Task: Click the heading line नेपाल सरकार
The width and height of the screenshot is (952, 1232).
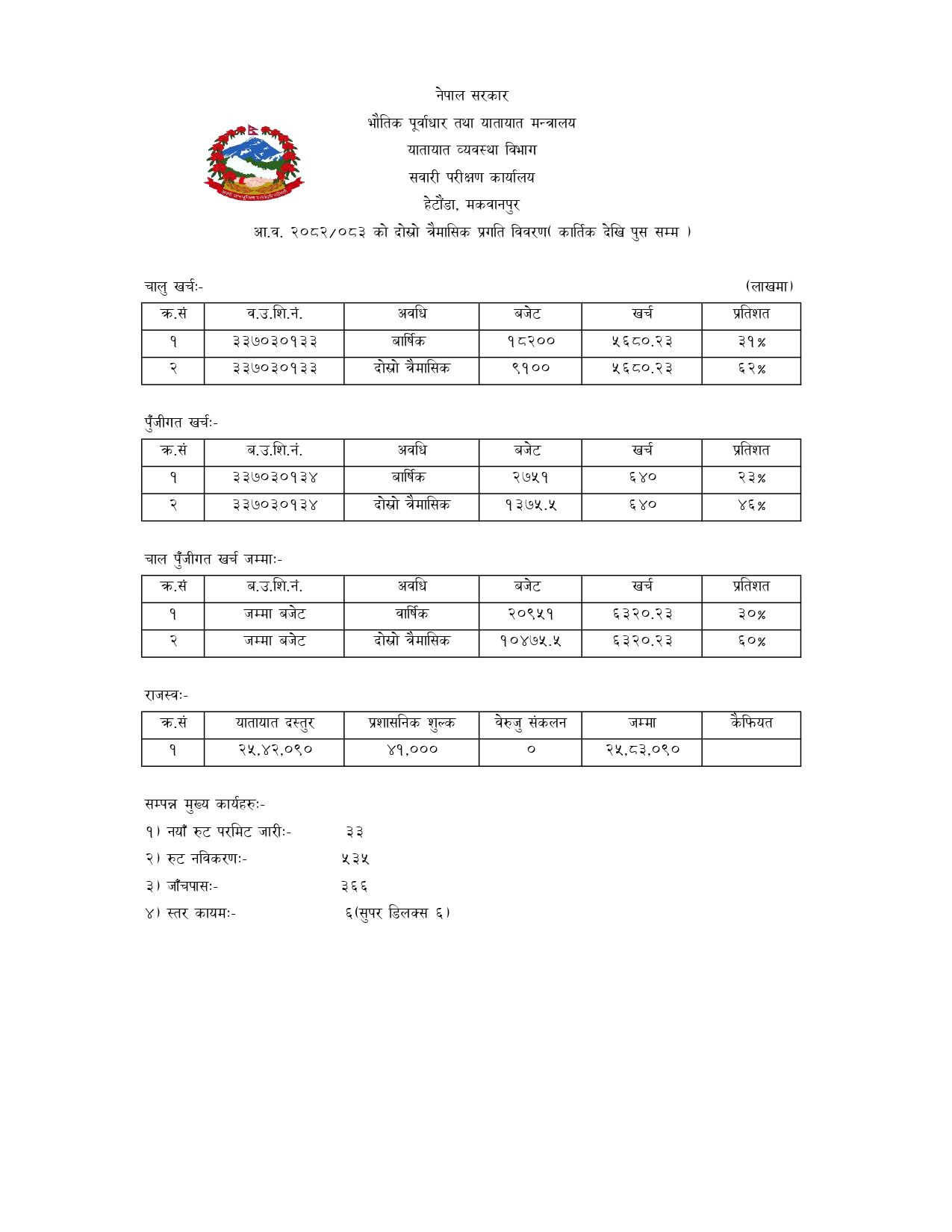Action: pos(472,96)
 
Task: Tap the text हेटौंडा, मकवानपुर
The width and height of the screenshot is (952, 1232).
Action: pos(471,205)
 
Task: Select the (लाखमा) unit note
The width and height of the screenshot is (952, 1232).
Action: pos(769,286)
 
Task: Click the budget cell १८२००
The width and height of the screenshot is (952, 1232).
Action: pos(530,342)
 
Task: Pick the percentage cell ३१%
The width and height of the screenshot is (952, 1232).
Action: pos(751,342)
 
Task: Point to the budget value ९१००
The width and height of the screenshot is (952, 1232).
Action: pos(530,369)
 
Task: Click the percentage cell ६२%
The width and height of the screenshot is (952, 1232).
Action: pos(751,369)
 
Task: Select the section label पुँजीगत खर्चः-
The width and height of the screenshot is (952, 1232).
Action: pos(181,423)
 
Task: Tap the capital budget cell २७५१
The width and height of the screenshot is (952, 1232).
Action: pos(530,478)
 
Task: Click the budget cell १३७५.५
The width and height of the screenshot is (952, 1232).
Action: pos(530,505)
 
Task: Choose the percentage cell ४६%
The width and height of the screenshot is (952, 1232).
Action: pos(751,505)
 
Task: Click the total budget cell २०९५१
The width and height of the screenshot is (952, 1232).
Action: pos(530,615)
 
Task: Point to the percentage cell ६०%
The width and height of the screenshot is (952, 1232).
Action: pos(751,641)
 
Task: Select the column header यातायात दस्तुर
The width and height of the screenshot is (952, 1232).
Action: pos(274,724)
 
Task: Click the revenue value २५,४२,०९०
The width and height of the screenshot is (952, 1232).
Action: pos(274,750)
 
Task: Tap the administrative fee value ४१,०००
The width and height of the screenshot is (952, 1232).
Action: pos(411,750)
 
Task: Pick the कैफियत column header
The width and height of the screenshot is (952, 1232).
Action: pos(751,723)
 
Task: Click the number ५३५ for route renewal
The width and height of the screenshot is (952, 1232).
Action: pos(355,859)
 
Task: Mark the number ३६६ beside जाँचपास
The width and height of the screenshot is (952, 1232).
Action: pos(354,886)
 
